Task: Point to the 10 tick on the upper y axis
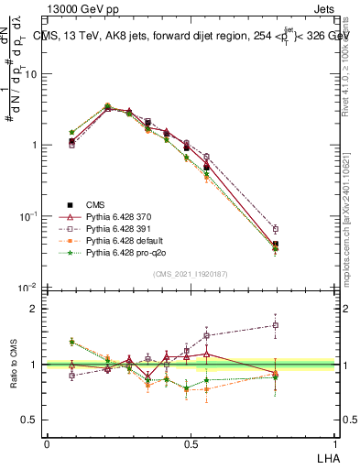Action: click(x=30, y=74)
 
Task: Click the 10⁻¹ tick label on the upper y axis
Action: click(x=28, y=216)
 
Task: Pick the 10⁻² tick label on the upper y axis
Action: click(x=28, y=288)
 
